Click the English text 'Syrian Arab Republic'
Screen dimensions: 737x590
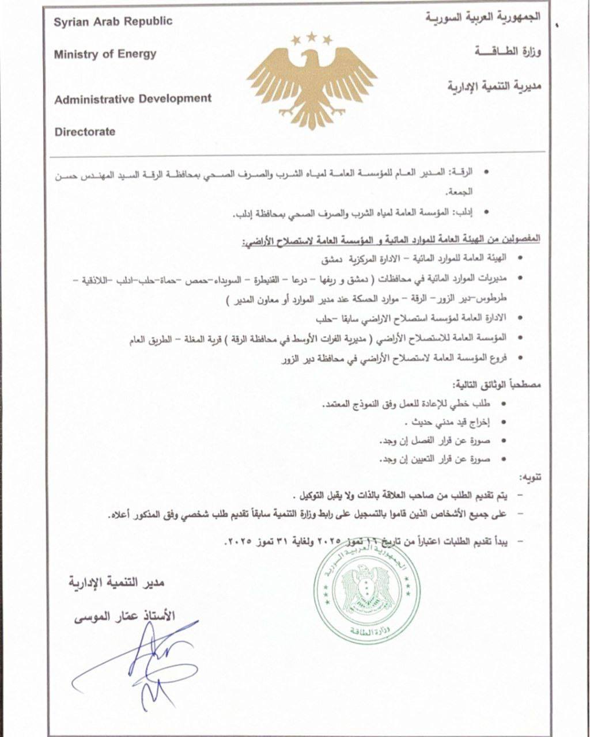113,22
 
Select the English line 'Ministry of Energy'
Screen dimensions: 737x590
105,54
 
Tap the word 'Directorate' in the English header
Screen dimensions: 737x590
85,132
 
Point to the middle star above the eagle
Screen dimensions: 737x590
312,36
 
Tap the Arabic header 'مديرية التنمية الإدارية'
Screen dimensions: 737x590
494,87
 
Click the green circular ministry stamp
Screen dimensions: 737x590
364,593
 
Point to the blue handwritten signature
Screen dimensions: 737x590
144,662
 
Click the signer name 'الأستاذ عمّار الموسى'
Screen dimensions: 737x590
124,616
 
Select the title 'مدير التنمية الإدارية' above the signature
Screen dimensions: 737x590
117,583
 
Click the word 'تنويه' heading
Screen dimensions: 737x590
531,477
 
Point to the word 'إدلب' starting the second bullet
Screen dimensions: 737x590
464,213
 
